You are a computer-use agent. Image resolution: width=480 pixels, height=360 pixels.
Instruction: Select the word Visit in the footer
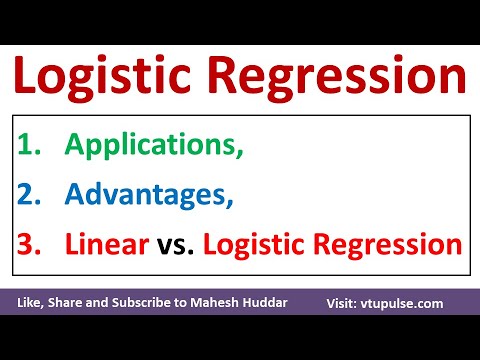click(x=346, y=302)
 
